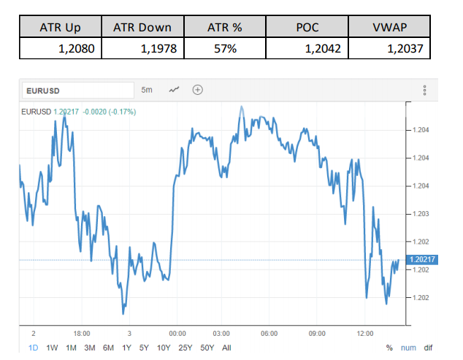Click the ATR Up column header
click(x=61, y=28)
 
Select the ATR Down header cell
click(x=142, y=28)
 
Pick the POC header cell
click(x=307, y=28)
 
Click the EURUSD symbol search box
click(x=77, y=90)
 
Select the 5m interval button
click(x=147, y=90)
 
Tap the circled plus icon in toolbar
click(x=197, y=90)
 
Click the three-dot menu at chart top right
click(x=424, y=90)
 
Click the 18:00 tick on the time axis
click(x=82, y=333)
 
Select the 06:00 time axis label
click(x=269, y=333)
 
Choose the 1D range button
click(x=33, y=348)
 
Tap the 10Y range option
click(x=163, y=348)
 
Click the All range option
click(x=226, y=348)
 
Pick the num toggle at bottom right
click(x=408, y=348)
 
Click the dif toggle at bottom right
click(x=428, y=348)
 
